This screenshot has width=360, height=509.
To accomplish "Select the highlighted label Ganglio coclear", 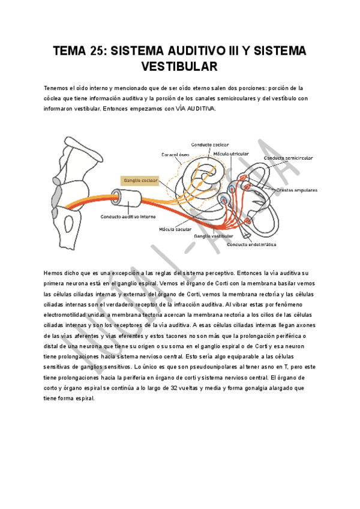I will click(x=140, y=179).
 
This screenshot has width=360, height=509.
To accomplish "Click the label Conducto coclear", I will click(x=210, y=145).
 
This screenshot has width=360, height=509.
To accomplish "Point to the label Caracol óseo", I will click(x=175, y=155).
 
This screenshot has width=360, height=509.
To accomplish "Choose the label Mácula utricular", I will click(x=231, y=154).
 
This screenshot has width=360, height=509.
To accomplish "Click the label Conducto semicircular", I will click(x=288, y=158).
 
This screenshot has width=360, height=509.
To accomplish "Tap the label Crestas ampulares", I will click(x=296, y=190).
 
